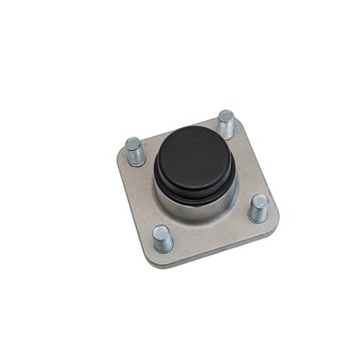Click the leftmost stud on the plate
[x=135, y=152]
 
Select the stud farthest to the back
[x=226, y=124]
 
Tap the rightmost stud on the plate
[x=258, y=209]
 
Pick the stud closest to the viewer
[x=162, y=238]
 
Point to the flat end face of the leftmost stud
[x=133, y=143]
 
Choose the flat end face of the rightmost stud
[x=258, y=200]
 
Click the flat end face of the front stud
[x=161, y=229]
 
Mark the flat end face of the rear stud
[x=226, y=115]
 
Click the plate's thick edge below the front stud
[x=173, y=261]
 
